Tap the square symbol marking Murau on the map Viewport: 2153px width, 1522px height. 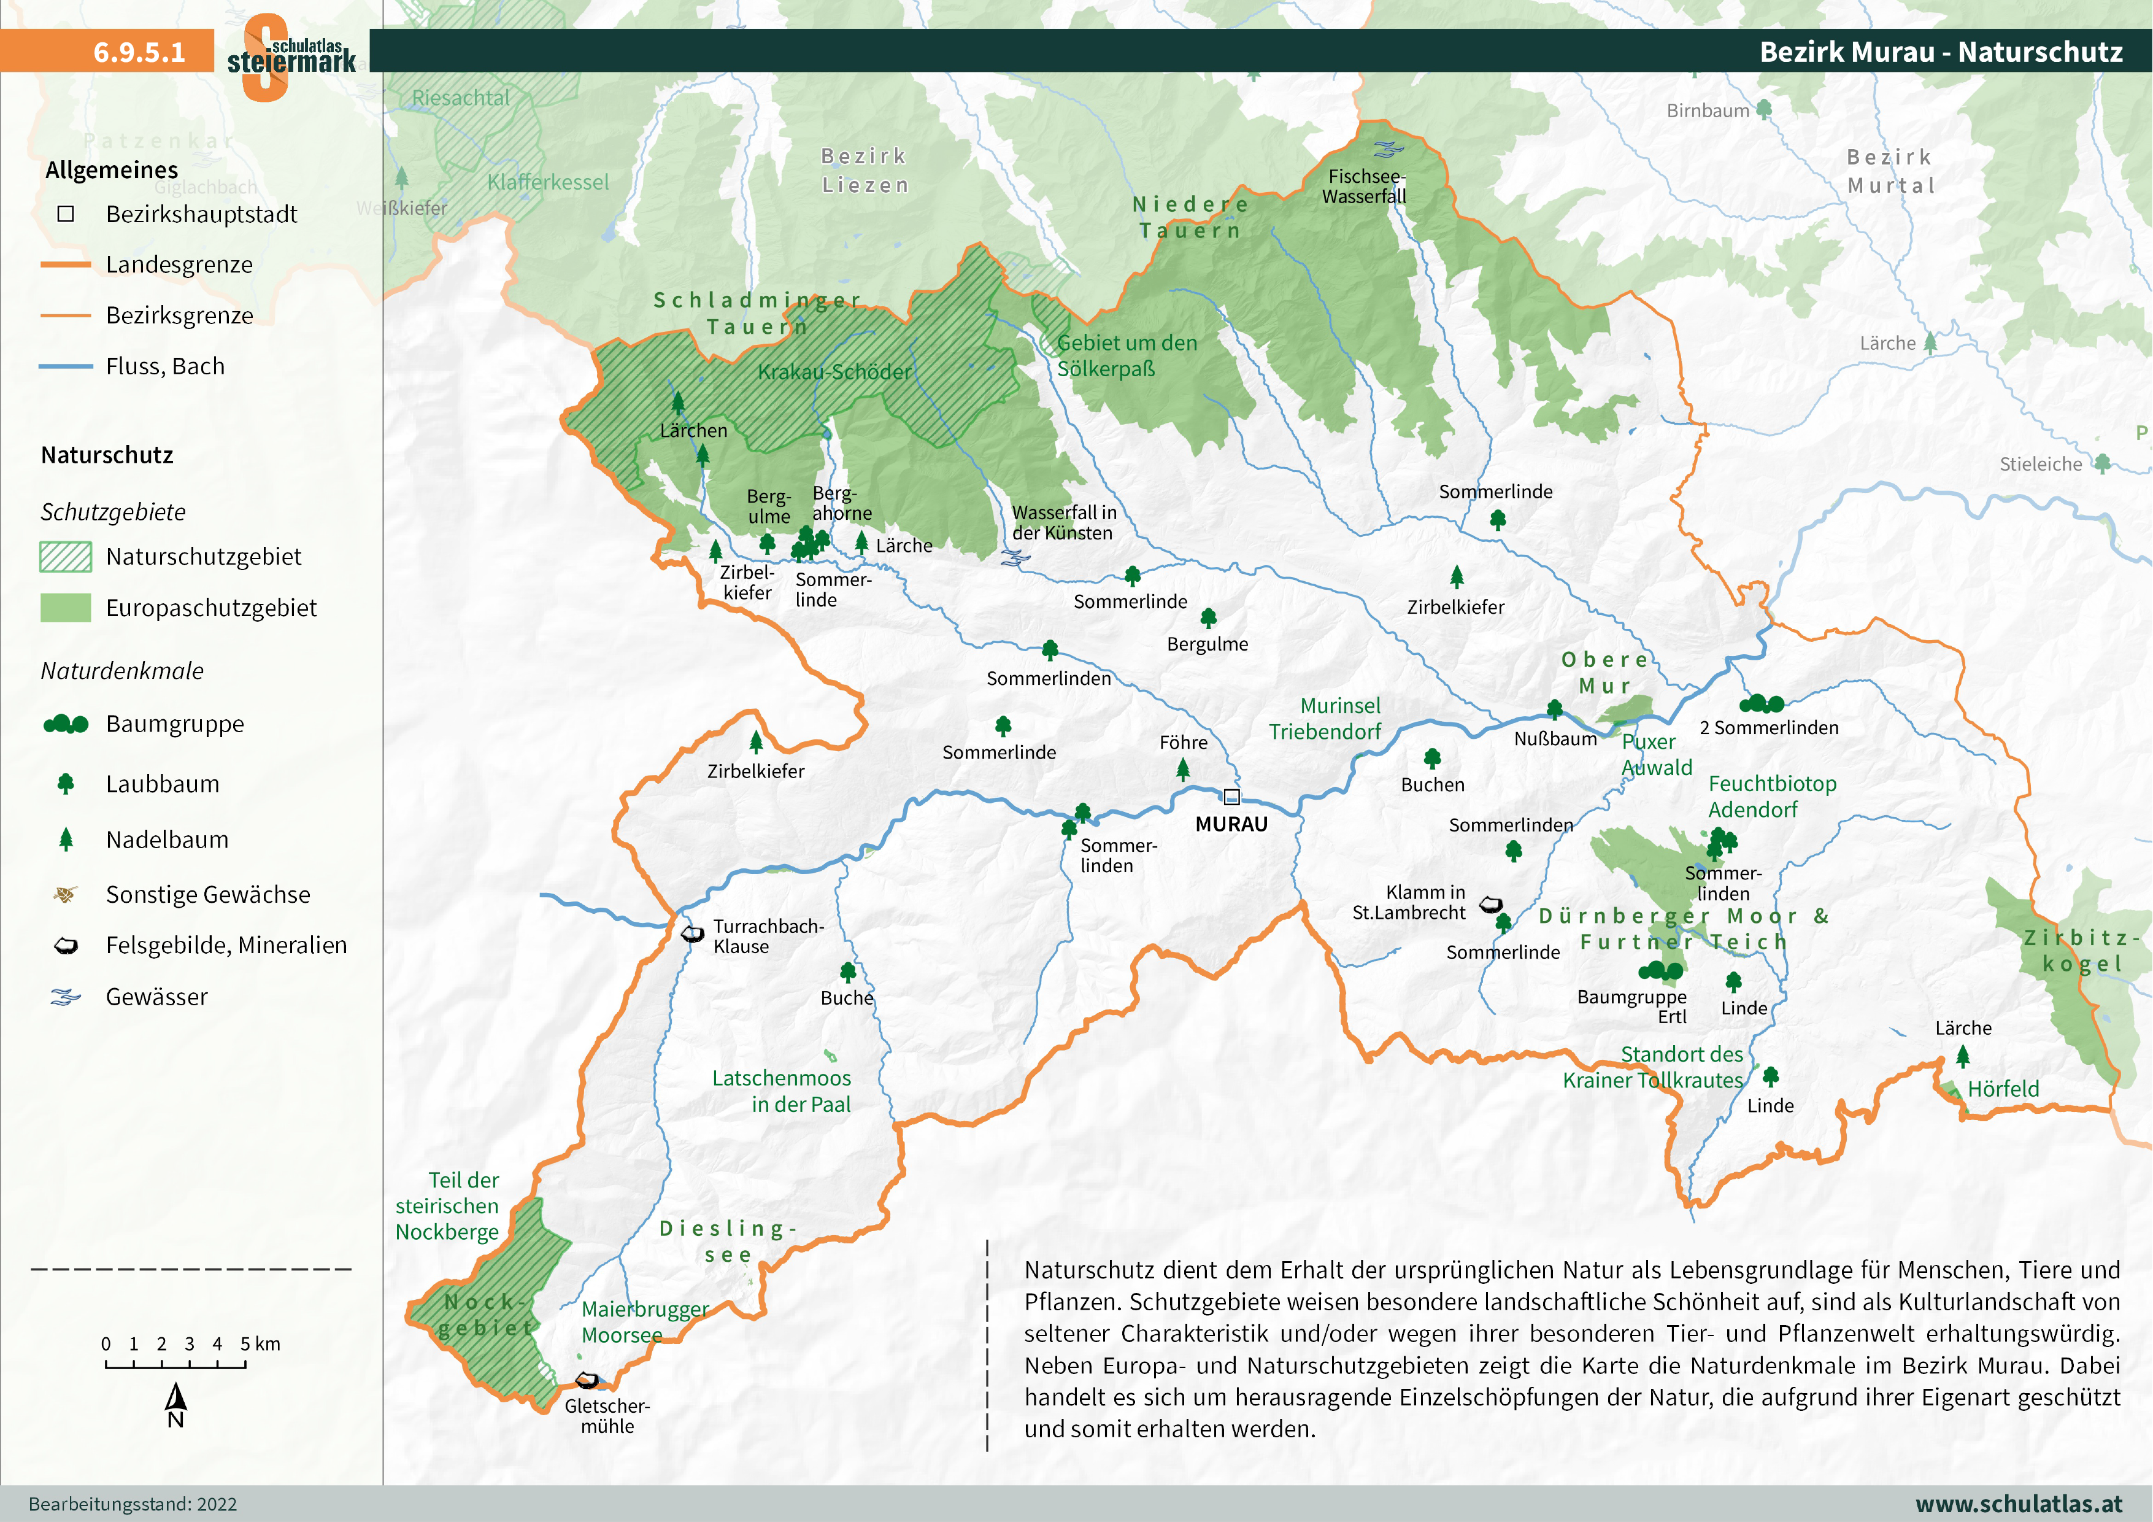click(x=1231, y=797)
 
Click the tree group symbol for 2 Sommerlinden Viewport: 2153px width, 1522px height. click(x=1761, y=703)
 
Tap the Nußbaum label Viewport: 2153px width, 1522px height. click(x=1555, y=738)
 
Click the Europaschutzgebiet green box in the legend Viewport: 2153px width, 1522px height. click(x=66, y=608)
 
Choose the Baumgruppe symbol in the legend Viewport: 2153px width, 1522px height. click(x=66, y=724)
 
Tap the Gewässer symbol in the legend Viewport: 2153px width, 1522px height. click(x=66, y=997)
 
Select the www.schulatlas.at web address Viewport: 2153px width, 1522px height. click(x=2018, y=1503)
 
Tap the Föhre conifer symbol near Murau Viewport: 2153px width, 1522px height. click(x=1182, y=770)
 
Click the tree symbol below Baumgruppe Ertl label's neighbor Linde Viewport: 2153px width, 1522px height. click(x=1733, y=981)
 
